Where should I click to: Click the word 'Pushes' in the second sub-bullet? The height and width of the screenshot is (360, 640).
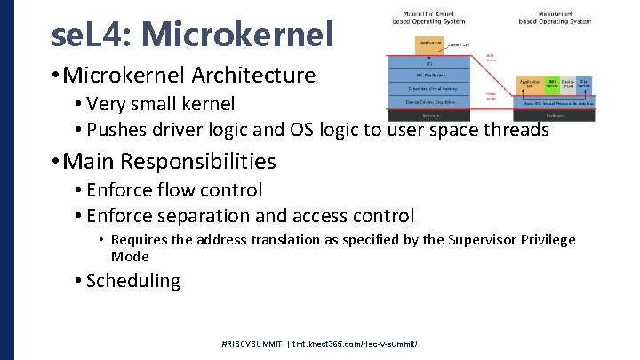116,130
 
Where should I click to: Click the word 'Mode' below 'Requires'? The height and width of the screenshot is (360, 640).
130,257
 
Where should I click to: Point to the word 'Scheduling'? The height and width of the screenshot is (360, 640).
133,282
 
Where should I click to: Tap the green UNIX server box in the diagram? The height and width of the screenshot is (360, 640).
551,84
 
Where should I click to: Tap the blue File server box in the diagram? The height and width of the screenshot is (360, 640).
584,84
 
